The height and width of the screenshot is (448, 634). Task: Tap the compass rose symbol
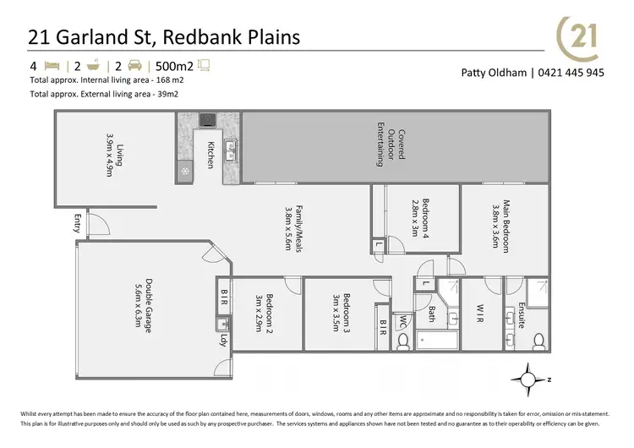tap(530, 378)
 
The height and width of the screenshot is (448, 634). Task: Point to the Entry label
tap(77, 224)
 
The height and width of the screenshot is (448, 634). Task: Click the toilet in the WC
tap(402, 341)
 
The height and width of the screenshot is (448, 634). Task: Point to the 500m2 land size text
tap(172, 64)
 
